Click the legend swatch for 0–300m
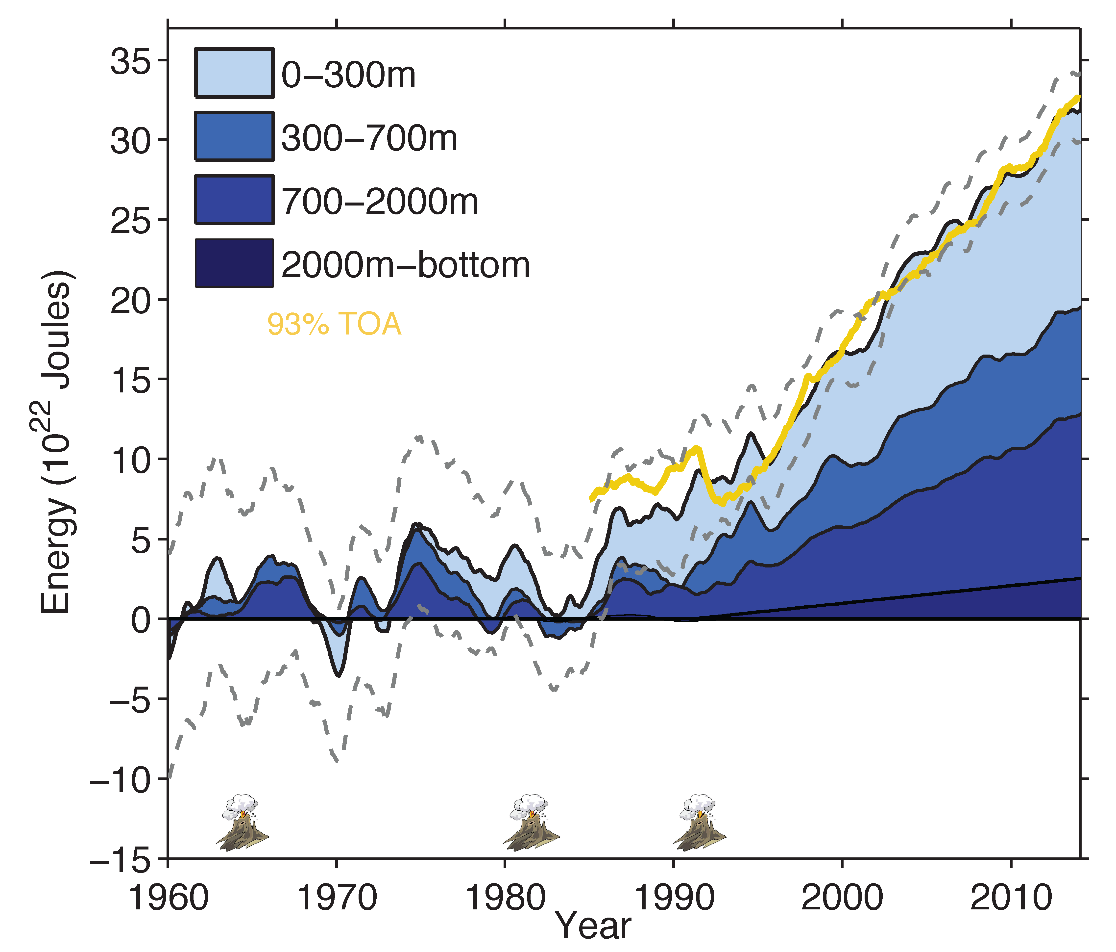pos(234,73)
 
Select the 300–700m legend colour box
pos(234,136)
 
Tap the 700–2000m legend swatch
pos(234,200)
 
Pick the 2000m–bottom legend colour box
pos(234,263)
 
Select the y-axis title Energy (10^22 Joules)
pos(57,442)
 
